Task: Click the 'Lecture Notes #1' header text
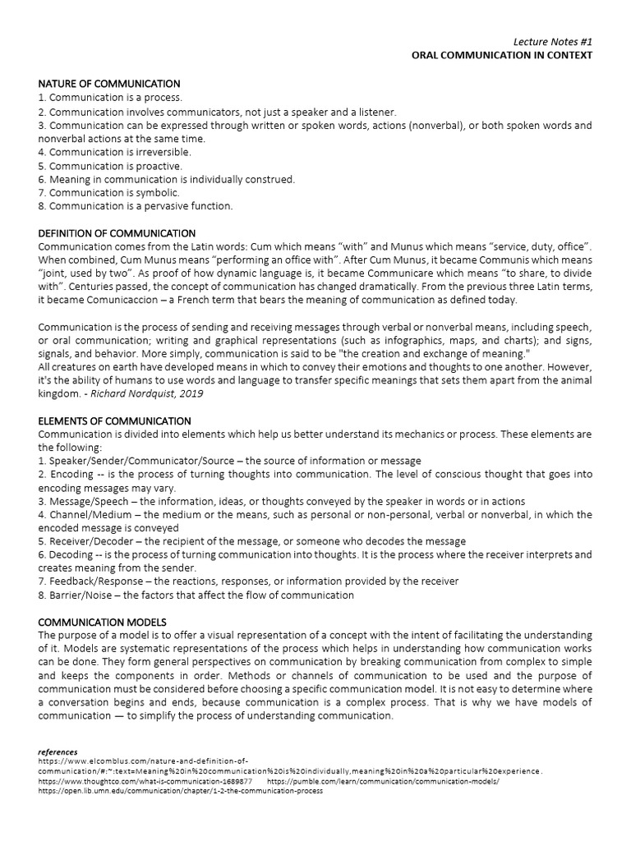(552, 41)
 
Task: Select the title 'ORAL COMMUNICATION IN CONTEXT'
(502, 55)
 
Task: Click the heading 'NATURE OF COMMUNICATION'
(109, 84)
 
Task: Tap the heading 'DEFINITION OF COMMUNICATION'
(117, 233)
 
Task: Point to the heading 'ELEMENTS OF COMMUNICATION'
(115, 421)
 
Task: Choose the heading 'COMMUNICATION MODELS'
(102, 622)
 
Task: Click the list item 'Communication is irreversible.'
(114, 152)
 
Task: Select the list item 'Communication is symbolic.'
(108, 192)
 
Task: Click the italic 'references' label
(58, 751)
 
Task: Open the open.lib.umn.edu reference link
(180, 791)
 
